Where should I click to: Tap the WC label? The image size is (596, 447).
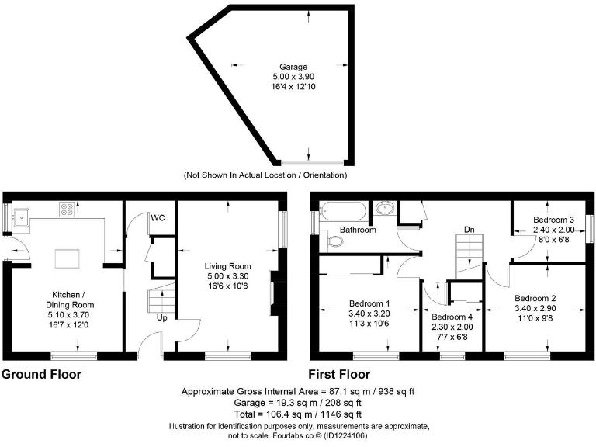point(158,217)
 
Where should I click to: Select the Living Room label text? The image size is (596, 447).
point(228,265)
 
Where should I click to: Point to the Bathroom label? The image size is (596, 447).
point(358,230)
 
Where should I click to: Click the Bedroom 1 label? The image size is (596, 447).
point(369,303)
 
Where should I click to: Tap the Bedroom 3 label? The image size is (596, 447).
point(553,220)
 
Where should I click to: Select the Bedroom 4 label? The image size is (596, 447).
point(452,317)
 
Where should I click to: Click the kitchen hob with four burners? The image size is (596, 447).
point(67,209)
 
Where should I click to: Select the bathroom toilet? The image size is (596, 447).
point(336,242)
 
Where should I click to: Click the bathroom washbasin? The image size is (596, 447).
point(383,208)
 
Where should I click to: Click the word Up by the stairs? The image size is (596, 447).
point(161,318)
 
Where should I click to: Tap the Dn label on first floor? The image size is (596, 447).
point(469,230)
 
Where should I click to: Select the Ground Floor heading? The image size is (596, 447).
point(41,375)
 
